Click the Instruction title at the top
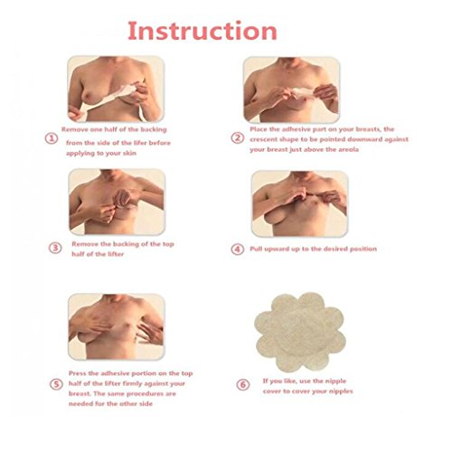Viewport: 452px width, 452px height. pos(202,31)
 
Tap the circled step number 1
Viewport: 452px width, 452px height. pos(52,138)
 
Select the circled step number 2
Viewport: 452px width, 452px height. pos(238,138)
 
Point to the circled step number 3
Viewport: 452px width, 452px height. pos(55,248)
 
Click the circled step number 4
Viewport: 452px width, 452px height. pos(238,250)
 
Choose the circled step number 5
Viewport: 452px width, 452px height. pos(56,384)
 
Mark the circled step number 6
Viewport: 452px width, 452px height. pos(242,385)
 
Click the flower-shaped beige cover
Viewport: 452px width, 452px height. pos(300,332)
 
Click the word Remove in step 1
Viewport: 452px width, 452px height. pos(72,129)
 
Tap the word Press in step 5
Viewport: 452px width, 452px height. pos(77,373)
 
